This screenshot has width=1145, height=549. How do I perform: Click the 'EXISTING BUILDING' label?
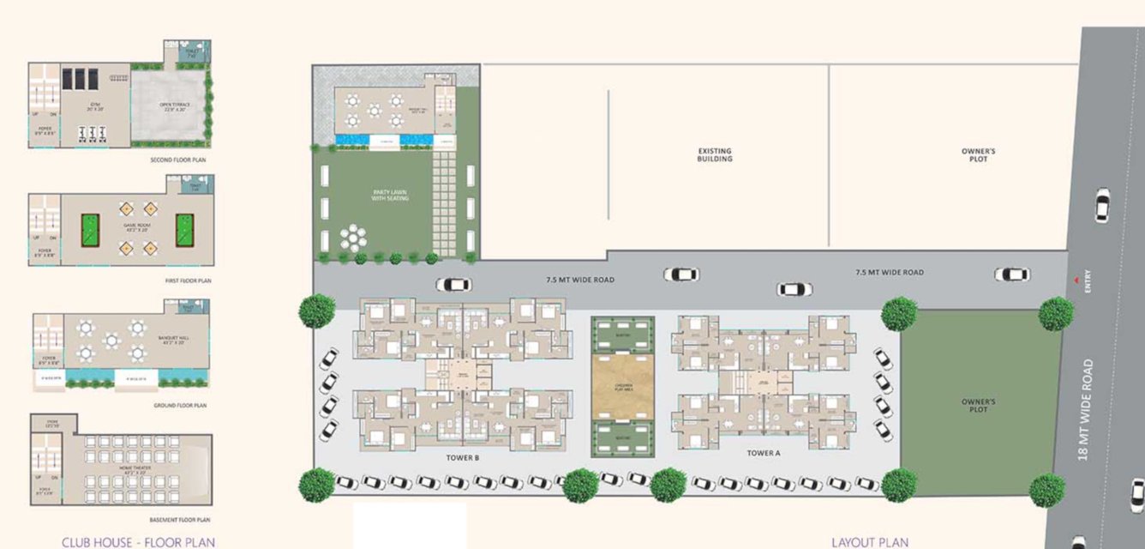[715, 155]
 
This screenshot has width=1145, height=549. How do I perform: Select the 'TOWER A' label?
[763, 453]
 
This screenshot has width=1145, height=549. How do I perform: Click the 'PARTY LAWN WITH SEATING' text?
[390, 195]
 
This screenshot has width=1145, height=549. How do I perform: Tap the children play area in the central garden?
[623, 386]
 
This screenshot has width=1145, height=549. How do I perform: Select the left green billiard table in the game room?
[90, 230]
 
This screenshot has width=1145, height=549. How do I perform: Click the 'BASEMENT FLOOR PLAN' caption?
[179, 520]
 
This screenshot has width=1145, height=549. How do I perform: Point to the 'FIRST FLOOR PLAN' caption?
[188, 281]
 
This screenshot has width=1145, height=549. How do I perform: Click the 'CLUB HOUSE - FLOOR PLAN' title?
[138, 541]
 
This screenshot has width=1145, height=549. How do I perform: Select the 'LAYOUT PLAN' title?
[870, 541]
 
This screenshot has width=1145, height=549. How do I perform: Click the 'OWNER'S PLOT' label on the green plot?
[978, 405]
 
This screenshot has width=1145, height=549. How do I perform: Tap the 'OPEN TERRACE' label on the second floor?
[168, 107]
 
